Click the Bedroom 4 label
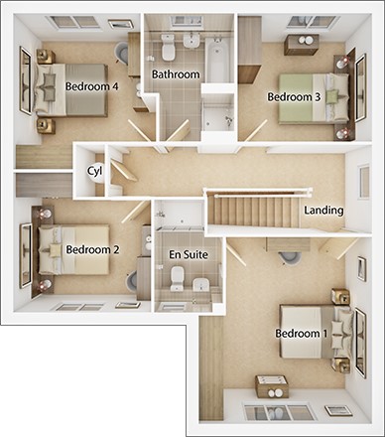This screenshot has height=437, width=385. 91,86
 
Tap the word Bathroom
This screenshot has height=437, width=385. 176,74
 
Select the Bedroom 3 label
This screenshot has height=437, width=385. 294,96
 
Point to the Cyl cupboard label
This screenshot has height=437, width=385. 95,170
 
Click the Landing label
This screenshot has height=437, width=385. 324,211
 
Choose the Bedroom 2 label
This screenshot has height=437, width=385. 92,249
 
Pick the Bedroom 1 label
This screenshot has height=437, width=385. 302,333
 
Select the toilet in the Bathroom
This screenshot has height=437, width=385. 169,47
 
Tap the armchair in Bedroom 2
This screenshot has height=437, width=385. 133,281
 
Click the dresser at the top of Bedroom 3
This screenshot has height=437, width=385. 300,44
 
